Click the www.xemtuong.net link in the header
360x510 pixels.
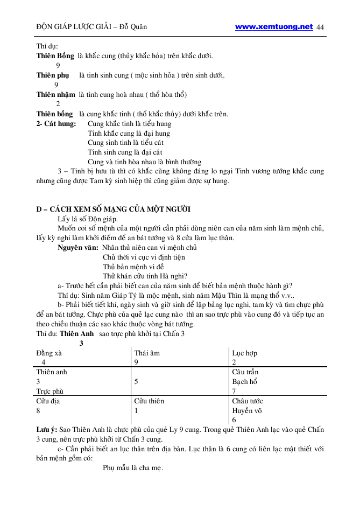click(273, 26)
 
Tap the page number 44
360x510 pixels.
click(321, 27)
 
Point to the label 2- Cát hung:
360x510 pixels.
click(56, 123)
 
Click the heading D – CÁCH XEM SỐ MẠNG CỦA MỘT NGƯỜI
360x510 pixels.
click(114, 209)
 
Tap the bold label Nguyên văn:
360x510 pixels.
click(77, 248)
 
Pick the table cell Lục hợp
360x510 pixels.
click(244, 353)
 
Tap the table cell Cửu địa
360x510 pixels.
click(48, 401)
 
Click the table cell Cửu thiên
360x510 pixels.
click(149, 401)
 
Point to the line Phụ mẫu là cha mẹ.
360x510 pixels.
click(133, 468)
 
